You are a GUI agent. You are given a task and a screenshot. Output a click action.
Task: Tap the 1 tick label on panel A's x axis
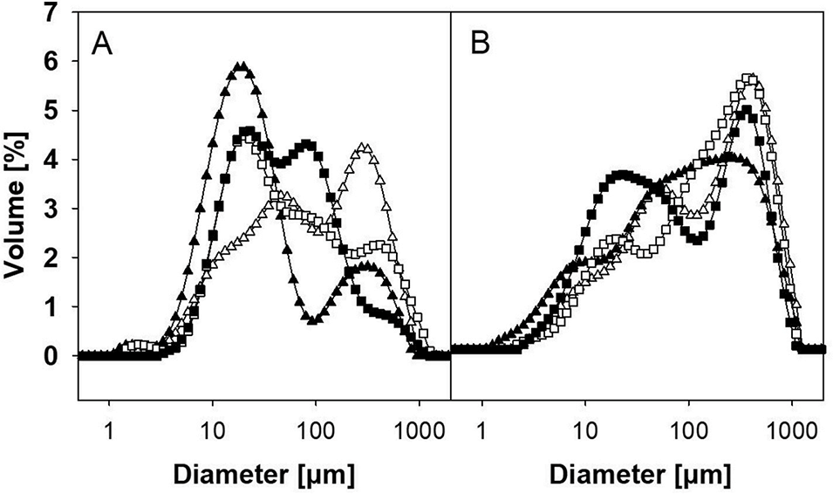[109, 429]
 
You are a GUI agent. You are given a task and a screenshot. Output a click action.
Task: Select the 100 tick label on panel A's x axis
[315, 429]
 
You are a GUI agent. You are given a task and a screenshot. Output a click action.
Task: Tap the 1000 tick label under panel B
[792, 429]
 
